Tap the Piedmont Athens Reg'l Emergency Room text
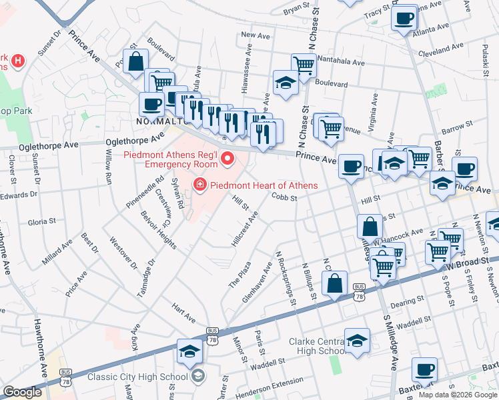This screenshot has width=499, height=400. point(171,159)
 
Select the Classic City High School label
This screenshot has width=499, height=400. point(138,377)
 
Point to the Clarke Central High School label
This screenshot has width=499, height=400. point(316,346)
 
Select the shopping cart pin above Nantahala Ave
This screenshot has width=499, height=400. point(304,65)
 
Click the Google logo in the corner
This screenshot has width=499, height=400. point(22,392)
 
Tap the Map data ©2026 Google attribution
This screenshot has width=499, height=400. point(458,394)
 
